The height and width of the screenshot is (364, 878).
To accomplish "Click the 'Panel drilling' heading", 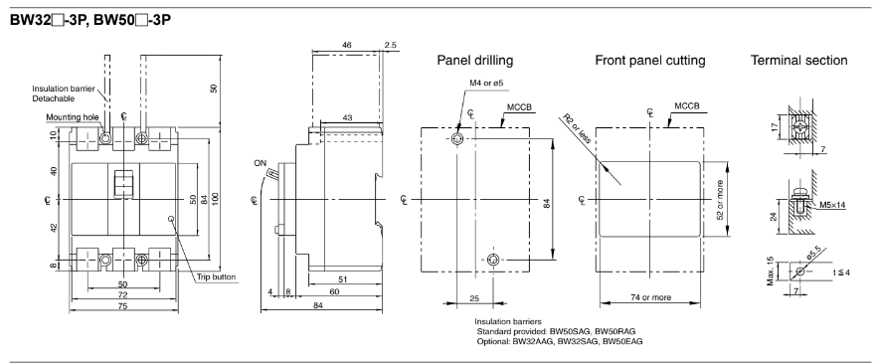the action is [x=475, y=60].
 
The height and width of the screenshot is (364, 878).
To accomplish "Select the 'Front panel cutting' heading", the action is [x=650, y=60].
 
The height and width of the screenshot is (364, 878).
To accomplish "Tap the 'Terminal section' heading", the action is [x=799, y=60].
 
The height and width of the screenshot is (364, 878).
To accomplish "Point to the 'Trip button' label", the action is [x=216, y=276].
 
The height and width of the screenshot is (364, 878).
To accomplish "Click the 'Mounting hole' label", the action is [x=73, y=117].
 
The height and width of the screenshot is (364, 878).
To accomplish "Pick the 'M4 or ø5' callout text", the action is [x=486, y=84].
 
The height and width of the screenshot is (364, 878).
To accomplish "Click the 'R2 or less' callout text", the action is [x=577, y=128].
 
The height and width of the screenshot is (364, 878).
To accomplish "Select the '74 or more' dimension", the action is [x=650, y=297].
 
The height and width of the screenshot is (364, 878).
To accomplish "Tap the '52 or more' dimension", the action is [x=720, y=199].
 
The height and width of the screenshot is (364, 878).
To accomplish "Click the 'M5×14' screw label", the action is [x=832, y=205].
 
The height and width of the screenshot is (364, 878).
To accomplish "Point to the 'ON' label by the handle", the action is [x=261, y=163].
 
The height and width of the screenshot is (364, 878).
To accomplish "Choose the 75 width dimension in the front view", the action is [x=123, y=305].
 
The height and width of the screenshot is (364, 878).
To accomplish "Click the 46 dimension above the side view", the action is [x=347, y=45].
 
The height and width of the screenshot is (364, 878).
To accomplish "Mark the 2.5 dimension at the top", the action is [x=391, y=45].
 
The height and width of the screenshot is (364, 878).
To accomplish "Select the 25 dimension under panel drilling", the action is [x=474, y=299].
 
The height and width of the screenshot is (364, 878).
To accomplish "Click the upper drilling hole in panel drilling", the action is [x=458, y=139].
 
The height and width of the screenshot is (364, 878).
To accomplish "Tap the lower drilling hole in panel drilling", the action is [x=493, y=260].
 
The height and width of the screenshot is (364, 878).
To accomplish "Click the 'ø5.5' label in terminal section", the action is [x=813, y=256].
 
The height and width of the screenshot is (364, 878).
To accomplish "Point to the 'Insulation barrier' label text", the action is [x=64, y=89].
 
